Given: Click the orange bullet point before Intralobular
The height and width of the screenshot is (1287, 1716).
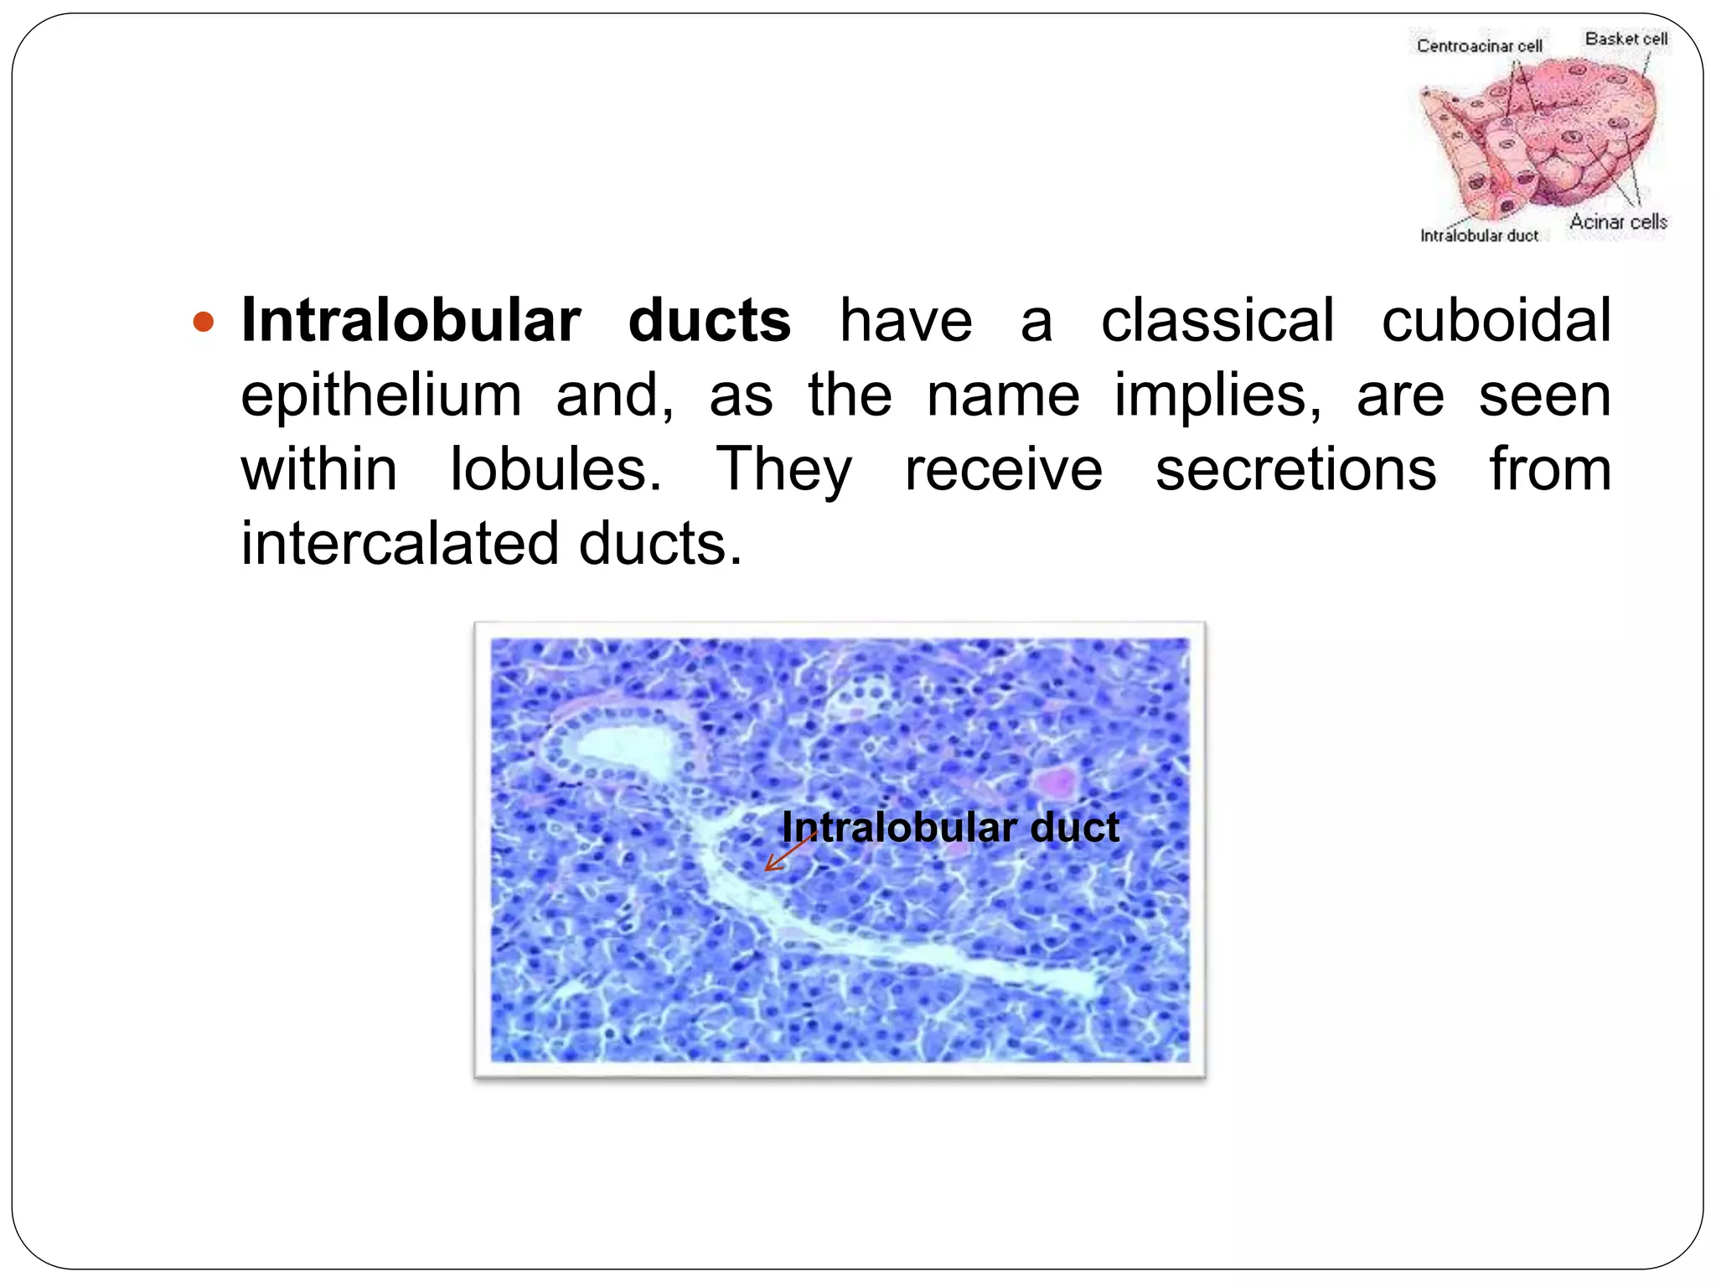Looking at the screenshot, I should (204, 321).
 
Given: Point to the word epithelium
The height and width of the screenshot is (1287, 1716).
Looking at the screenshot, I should (381, 395).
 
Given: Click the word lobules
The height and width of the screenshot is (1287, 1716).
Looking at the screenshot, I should (556, 469).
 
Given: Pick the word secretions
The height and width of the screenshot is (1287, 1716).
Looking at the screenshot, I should (1295, 469).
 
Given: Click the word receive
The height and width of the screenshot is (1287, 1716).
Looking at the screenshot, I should (1004, 469).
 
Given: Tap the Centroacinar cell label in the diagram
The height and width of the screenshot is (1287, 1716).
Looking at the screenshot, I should (1479, 46).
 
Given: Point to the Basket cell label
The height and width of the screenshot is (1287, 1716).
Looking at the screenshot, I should (1626, 39).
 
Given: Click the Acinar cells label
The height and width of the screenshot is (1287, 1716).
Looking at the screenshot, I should (1618, 222).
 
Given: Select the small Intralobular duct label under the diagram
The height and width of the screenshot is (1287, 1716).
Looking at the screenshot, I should (1479, 236).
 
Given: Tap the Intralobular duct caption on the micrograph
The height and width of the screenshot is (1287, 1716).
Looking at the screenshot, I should (950, 828).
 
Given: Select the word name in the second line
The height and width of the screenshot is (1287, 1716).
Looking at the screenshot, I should (1003, 395).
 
